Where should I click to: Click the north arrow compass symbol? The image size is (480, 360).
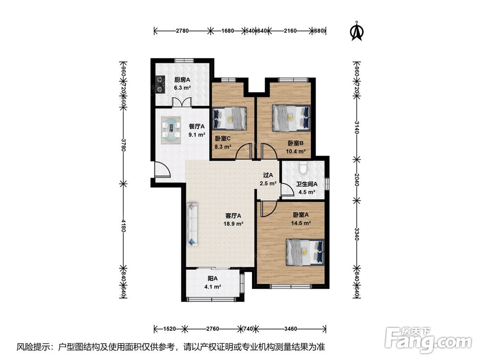click(x=357, y=31)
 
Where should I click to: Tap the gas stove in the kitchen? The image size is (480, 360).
click(x=160, y=84)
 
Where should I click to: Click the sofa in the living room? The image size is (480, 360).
click(x=192, y=224)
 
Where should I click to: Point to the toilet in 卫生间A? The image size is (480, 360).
click(x=303, y=168)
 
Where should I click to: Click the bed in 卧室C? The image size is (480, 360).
click(x=229, y=119)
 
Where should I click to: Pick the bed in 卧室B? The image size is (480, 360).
click(x=291, y=118)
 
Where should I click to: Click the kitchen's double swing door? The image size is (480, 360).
click(x=182, y=102)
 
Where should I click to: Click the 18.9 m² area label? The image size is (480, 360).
click(x=233, y=224)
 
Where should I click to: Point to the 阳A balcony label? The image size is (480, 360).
click(x=213, y=278)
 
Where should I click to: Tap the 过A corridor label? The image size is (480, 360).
click(x=268, y=175)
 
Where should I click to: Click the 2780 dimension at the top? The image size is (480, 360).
click(x=182, y=31)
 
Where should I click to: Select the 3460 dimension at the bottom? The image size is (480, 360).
click(x=290, y=329)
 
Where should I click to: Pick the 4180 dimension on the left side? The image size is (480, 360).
click(x=124, y=225)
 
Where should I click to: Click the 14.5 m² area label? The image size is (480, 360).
click(x=301, y=223)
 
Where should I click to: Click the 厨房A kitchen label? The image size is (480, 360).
click(x=182, y=80)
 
